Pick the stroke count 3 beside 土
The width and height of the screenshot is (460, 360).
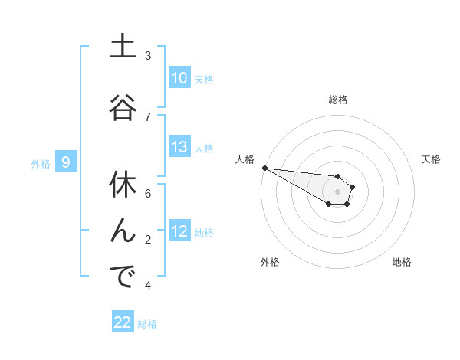148,56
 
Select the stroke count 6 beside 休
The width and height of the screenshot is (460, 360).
148,194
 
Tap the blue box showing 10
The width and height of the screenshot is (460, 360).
179,78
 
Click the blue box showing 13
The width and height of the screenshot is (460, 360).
179,147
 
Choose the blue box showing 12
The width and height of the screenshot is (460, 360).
179,231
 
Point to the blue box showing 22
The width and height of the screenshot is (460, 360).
123,322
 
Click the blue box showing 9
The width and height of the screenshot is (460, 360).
67,162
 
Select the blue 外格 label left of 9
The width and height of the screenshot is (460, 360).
41,163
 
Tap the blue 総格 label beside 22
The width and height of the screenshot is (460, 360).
147,324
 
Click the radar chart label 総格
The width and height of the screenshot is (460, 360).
337,100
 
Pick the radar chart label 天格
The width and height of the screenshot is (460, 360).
432,159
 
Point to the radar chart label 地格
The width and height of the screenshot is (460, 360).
402,262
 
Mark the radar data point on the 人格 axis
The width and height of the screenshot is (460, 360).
264,168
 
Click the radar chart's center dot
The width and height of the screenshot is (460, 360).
337,191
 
